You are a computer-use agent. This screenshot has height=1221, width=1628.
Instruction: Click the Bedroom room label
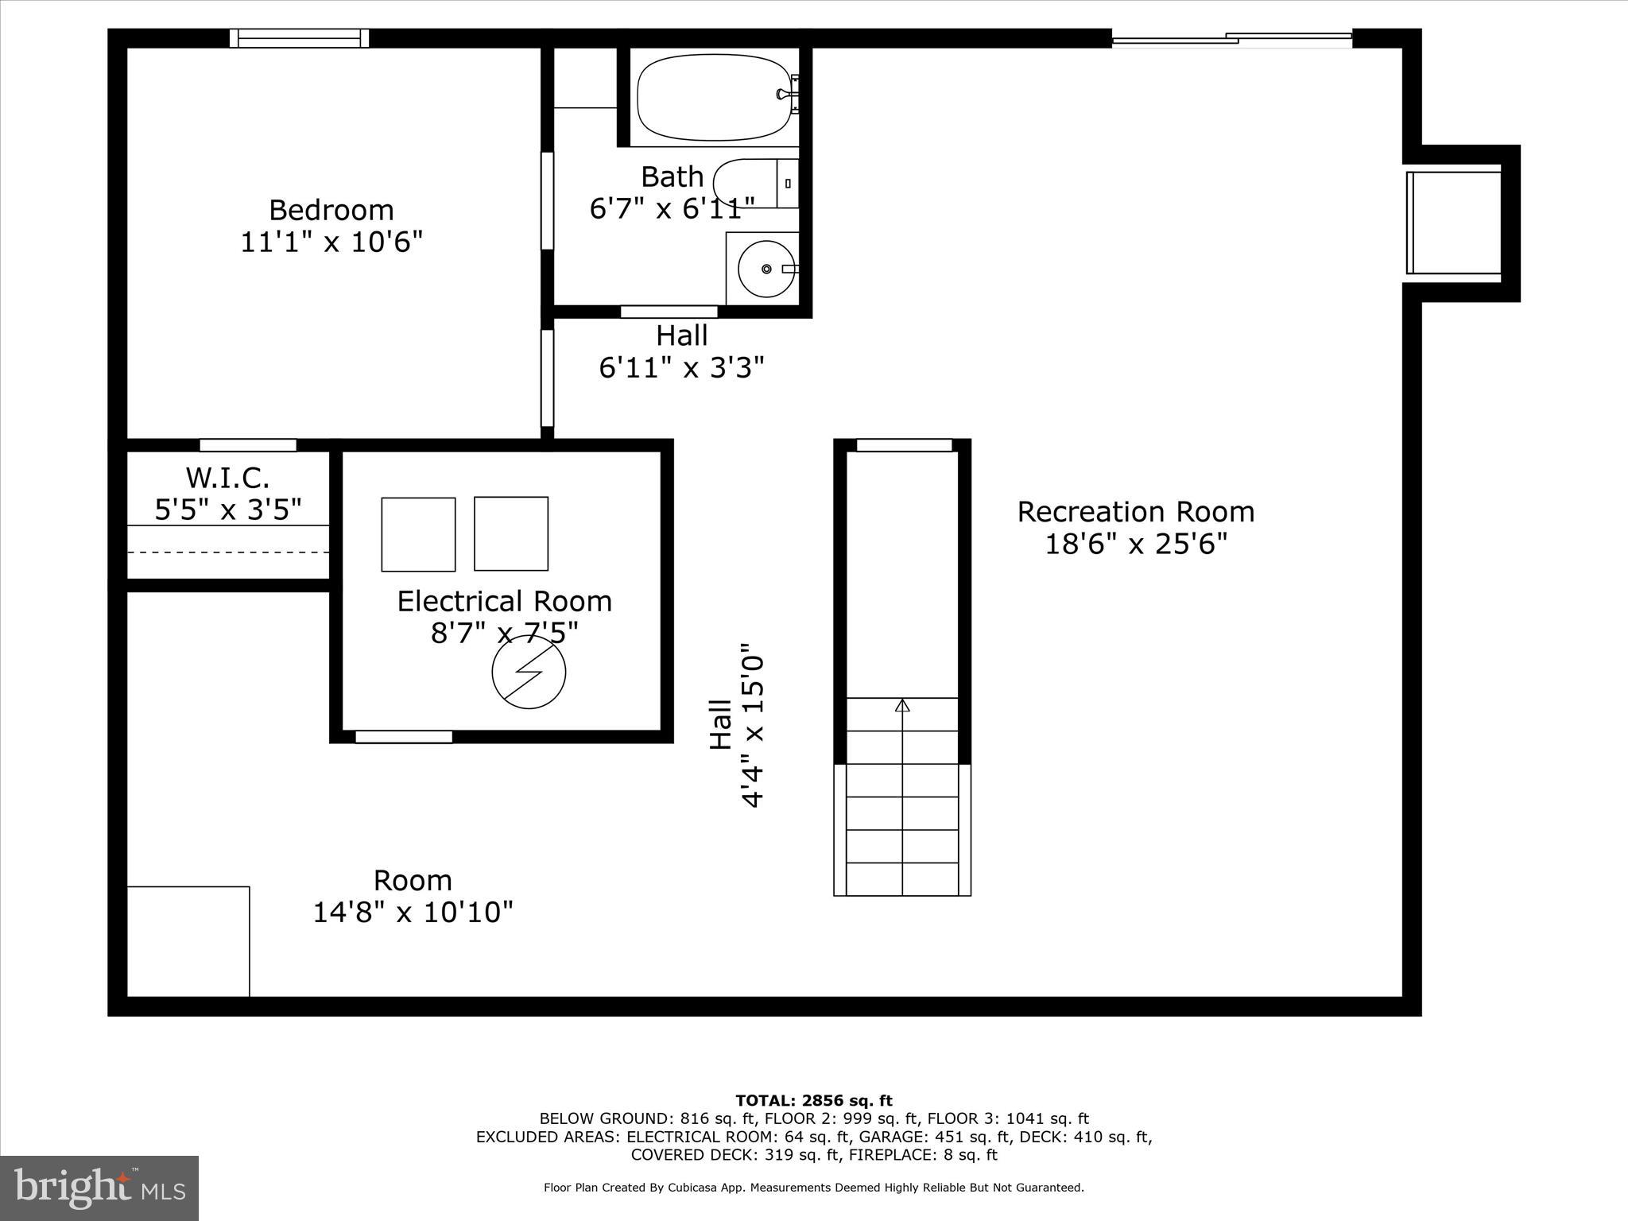331,211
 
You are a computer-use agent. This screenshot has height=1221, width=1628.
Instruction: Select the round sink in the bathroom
766,269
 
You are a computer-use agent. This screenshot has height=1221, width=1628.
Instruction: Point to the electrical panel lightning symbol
529,672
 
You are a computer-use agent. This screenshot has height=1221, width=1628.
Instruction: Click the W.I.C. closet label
228,478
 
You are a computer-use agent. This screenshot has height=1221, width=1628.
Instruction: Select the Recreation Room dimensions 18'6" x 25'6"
1136,545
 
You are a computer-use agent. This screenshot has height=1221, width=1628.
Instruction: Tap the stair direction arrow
902,705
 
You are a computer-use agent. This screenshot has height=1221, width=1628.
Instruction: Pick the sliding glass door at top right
1231,38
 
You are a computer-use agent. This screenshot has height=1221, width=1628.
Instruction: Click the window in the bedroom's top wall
300,38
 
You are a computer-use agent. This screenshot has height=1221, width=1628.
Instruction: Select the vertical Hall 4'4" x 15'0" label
736,725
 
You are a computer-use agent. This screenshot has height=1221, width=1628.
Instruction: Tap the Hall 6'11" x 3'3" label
682,351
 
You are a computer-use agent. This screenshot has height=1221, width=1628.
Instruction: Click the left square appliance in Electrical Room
418,534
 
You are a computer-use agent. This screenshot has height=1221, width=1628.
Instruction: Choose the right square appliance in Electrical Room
511,533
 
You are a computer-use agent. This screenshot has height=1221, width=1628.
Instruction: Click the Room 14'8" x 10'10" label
413,896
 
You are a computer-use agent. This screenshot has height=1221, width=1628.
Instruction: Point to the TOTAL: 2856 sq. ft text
814,1101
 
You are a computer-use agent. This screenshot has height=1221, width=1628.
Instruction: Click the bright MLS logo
99,1188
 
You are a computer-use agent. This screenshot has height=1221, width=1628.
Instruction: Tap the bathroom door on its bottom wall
669,312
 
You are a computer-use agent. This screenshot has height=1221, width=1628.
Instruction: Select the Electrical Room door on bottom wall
404,737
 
